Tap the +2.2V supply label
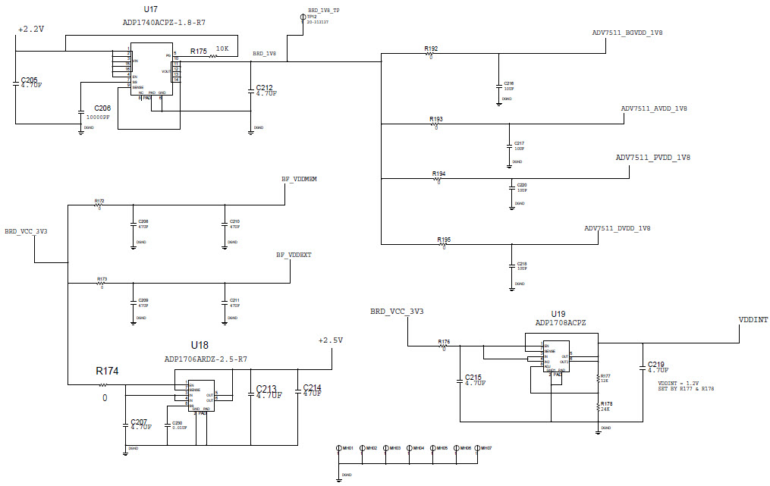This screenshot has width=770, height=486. pyautogui.click(x=31, y=29)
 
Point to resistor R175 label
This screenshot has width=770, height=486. pyautogui.click(x=199, y=51)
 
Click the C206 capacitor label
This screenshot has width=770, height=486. pyautogui.click(x=102, y=108)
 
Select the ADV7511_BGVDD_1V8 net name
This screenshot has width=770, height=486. pyautogui.click(x=627, y=33)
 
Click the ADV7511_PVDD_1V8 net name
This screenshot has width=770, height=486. pyautogui.click(x=652, y=158)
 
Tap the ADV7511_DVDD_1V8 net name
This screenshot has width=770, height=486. pyautogui.click(x=617, y=228)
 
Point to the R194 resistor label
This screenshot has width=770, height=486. pyautogui.click(x=439, y=174)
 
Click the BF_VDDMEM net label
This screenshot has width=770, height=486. pyautogui.click(x=299, y=179)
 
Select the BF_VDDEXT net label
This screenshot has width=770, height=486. pyautogui.click(x=294, y=256)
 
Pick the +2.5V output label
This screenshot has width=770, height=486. pyautogui.click(x=331, y=340)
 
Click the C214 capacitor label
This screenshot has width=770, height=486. pyautogui.click(x=312, y=387)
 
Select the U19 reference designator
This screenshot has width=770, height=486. pyautogui.click(x=558, y=312)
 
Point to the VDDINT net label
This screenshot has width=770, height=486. pyautogui.click(x=753, y=320)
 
